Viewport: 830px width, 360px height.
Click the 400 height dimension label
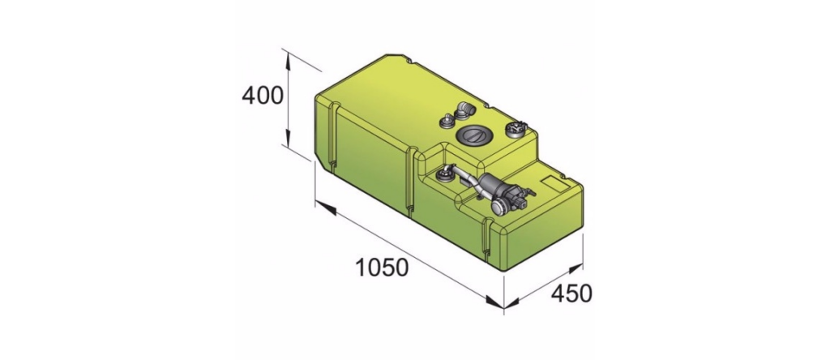[262, 96]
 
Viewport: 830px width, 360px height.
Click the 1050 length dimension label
[381, 268]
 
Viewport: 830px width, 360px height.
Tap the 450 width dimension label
[571, 294]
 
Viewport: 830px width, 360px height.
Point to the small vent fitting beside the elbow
[447, 122]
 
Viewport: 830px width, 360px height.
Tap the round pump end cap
[499, 207]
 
